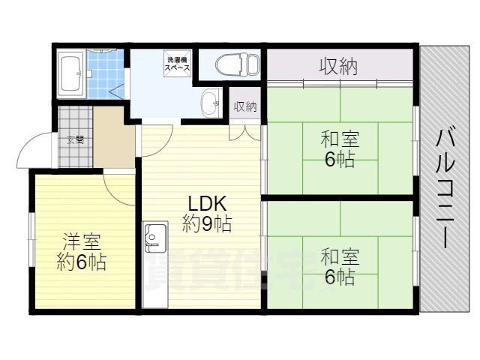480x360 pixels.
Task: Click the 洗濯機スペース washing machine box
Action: (178, 63)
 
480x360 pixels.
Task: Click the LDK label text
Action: (207, 202)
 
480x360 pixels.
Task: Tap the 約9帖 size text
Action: (206, 223)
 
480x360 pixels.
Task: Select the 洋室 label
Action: (80, 242)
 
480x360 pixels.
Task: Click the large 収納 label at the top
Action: (338, 67)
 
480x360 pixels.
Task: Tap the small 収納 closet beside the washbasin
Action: (245, 106)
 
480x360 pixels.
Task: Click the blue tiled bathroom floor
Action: (103, 75)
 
